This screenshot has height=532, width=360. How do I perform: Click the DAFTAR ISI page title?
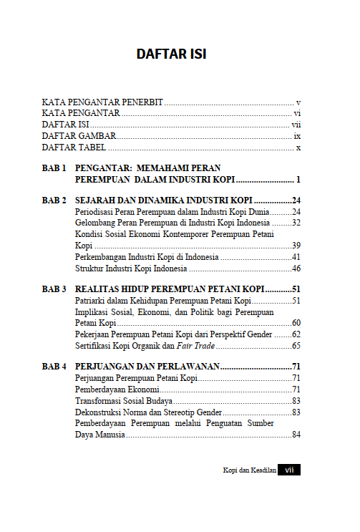(172, 54)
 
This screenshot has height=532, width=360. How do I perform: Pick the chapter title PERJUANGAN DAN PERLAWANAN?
(146, 367)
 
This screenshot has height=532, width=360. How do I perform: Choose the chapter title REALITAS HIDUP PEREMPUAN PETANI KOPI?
(169, 289)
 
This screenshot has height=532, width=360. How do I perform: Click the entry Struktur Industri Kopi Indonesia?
(131, 269)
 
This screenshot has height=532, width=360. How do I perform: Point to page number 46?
(296, 269)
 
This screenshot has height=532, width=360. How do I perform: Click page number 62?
(296, 334)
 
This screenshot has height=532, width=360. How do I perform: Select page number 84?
(296, 435)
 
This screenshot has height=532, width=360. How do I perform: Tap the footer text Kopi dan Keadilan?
(249, 470)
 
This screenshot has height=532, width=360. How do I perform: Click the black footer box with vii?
(289, 470)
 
